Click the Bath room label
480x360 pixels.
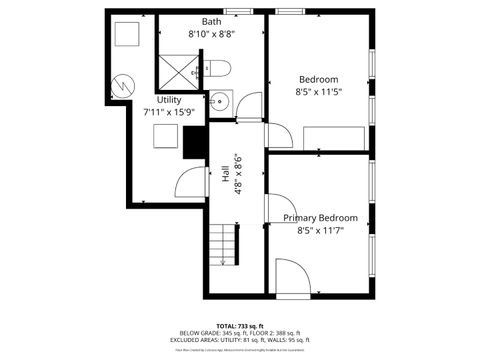[211, 21]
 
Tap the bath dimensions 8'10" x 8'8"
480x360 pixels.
[211, 34]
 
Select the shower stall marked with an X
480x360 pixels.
[178, 69]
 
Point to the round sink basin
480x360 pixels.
[218, 100]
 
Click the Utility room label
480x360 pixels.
[169, 100]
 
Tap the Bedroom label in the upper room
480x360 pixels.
[318, 80]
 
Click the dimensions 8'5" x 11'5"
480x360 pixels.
[319, 93]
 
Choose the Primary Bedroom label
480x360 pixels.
[319, 218]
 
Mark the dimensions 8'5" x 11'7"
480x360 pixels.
[319, 231]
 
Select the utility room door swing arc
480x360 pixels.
[190, 182]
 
